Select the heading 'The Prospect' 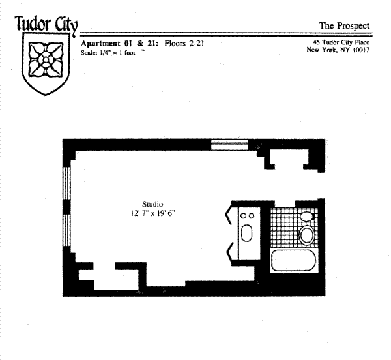pos(344,26)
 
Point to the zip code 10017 pos(358,50)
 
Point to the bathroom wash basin pos(306,216)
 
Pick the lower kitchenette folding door pos(229,249)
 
